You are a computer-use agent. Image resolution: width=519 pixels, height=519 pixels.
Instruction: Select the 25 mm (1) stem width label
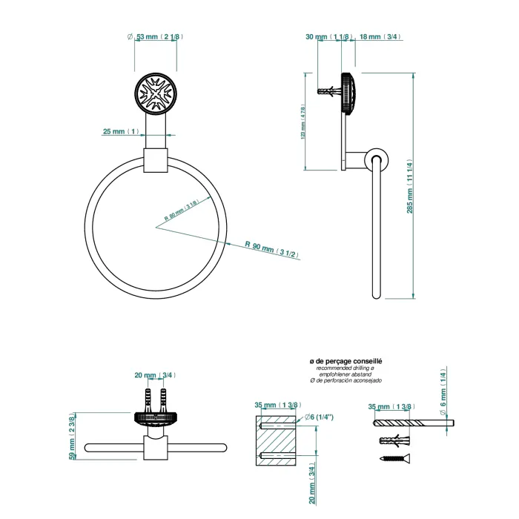tap(120, 131)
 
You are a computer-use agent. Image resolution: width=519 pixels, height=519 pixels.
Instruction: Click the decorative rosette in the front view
tap(156, 93)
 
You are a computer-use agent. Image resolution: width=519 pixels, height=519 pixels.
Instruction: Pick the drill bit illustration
tap(411, 423)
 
